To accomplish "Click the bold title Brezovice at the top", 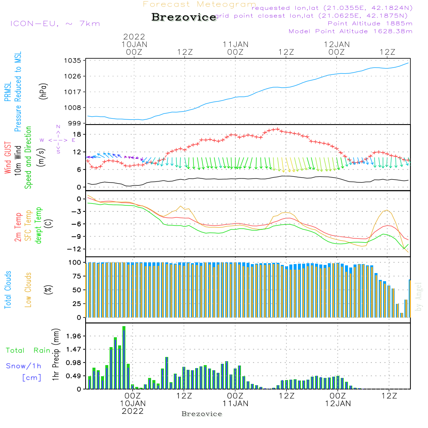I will click(x=184, y=18).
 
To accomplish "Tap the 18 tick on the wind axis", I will click(x=77, y=134).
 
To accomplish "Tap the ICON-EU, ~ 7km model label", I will click(x=55, y=24).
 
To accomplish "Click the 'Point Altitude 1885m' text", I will click(x=370, y=24).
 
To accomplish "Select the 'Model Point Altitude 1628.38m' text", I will click(x=351, y=31).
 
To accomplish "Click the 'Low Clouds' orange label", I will click(x=29, y=289).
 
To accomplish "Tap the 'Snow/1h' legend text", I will click(x=24, y=366).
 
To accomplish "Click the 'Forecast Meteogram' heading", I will click(x=199, y=5).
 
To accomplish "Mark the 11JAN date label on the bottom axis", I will click(x=235, y=403).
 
